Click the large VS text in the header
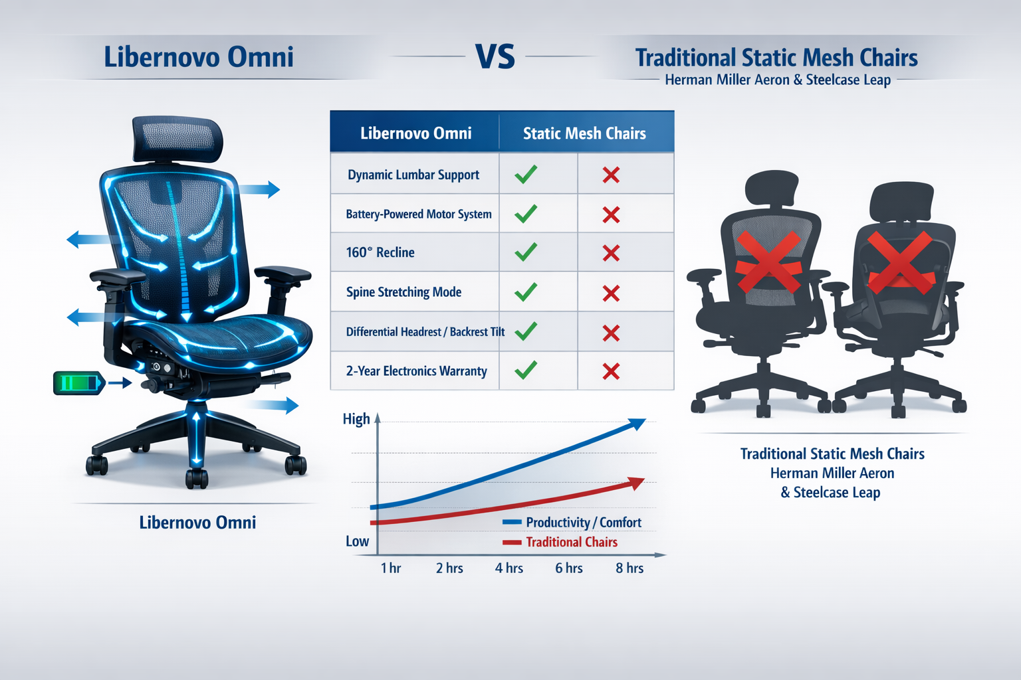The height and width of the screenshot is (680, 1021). (x=495, y=57)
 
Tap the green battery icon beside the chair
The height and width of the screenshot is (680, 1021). (x=78, y=383)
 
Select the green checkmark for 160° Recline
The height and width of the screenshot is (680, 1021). (x=526, y=252)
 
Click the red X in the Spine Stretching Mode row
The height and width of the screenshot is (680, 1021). (x=611, y=293)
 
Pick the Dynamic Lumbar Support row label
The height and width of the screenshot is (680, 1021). (x=413, y=175)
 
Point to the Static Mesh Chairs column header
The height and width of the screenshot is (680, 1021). (x=584, y=133)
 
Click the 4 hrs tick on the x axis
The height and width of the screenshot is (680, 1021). (x=509, y=568)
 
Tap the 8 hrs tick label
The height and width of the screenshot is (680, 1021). (x=629, y=568)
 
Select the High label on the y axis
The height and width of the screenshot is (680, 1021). (x=356, y=419)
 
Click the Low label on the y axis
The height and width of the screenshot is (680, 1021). (x=357, y=541)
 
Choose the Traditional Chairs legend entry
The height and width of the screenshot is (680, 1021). (x=571, y=542)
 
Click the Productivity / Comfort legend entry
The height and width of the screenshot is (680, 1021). (x=583, y=523)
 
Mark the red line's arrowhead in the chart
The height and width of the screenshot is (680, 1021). (x=636, y=483)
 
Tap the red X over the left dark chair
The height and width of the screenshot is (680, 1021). (x=768, y=262)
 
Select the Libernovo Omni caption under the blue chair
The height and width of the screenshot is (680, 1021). (x=197, y=523)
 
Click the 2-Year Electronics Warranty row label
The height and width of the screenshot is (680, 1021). (x=416, y=371)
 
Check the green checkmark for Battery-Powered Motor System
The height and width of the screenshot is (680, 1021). (x=526, y=214)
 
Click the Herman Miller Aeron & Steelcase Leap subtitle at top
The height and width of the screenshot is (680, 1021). (x=778, y=80)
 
